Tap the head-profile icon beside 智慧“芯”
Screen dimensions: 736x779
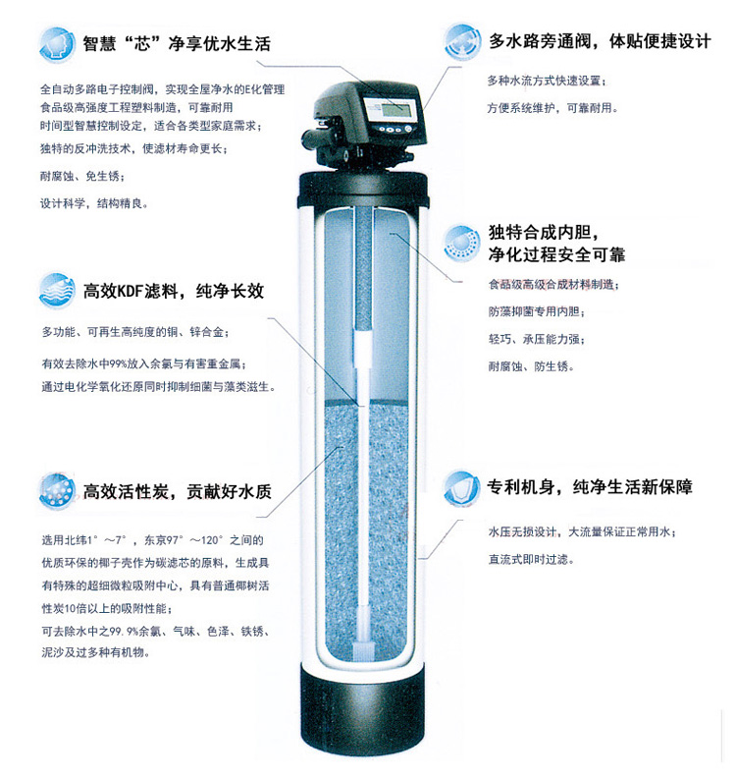point(57,44)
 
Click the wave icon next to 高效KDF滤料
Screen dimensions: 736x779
point(57,291)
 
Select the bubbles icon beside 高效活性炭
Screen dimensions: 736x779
point(57,491)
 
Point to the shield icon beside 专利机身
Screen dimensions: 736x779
point(461,488)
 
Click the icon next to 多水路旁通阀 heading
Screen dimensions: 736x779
point(462,41)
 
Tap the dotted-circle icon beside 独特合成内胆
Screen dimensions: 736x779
point(461,243)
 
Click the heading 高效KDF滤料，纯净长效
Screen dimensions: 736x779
point(174,291)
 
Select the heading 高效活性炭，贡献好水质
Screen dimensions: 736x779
point(178,491)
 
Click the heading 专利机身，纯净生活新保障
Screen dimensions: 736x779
point(590,487)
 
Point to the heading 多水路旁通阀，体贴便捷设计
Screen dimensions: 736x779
point(600,41)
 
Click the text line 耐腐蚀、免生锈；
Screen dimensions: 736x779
point(82,177)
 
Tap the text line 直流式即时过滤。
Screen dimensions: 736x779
point(531,559)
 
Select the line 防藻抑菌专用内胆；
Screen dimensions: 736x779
point(537,311)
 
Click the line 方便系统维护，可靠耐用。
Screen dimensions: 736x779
point(552,108)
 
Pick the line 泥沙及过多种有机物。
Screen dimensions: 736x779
point(96,652)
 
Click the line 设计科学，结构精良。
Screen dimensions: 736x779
point(94,203)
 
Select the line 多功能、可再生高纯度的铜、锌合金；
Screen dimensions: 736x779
point(135,332)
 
